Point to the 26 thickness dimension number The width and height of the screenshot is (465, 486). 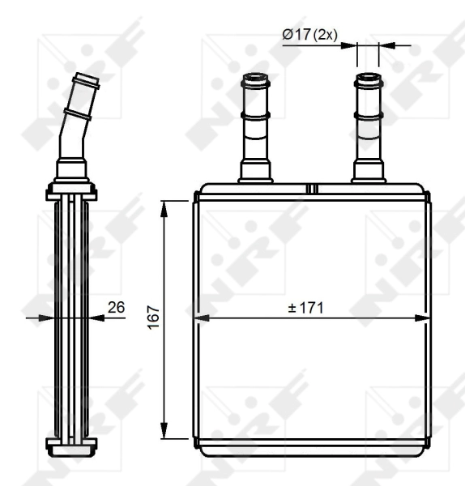coord(116,307)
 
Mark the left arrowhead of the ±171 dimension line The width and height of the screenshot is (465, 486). coord(197,318)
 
